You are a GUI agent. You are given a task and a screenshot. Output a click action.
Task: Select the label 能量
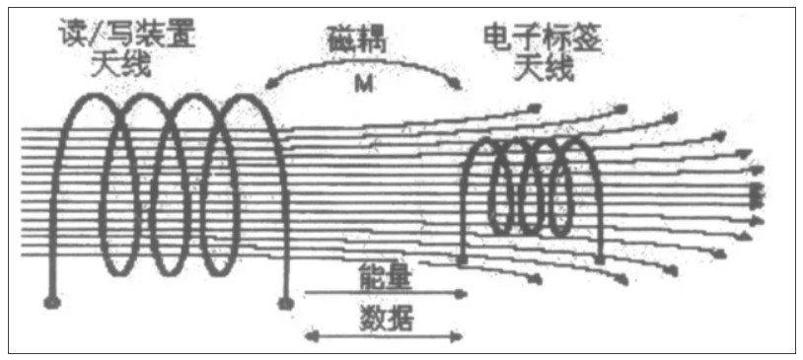click(385, 277)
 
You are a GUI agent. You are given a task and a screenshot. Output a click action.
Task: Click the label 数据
click(385, 319)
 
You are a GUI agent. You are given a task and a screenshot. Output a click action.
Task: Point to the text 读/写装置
click(129, 32)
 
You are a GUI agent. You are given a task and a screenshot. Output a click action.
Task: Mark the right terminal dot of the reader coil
click(287, 301)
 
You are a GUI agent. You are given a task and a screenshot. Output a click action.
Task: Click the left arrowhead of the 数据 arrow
click(306, 337)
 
